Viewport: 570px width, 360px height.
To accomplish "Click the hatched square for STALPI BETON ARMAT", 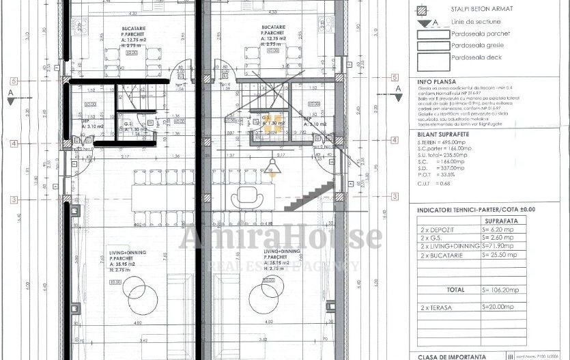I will point(421,10).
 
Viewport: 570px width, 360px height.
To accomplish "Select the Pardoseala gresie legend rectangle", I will point(432,46).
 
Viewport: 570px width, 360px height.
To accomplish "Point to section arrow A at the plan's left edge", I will point(10,96).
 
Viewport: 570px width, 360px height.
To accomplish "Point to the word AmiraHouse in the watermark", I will point(280,237).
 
